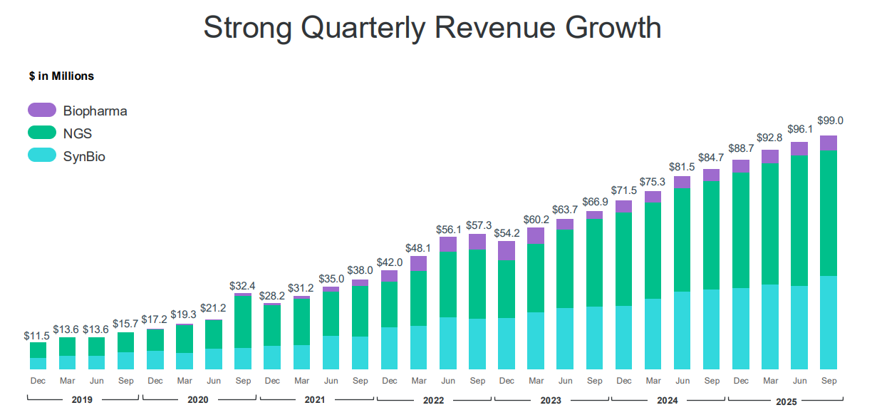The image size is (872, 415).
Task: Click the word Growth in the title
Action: pyautogui.click(x=613, y=29)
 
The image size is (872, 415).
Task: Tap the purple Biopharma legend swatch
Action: pyautogui.click(x=42, y=110)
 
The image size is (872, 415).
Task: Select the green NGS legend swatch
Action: pyautogui.click(x=42, y=132)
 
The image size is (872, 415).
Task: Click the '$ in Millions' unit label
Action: pyautogui.click(x=61, y=76)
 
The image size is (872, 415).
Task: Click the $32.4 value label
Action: pyautogui.click(x=243, y=285)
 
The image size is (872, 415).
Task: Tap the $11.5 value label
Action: pyautogui.click(x=37, y=334)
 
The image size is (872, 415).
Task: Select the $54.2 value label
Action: pyautogui.click(x=507, y=233)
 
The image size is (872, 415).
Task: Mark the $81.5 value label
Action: pyautogui.click(x=682, y=168)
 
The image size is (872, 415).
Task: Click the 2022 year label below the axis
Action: pyautogui.click(x=433, y=400)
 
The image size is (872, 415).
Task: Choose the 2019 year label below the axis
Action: pyautogui.click(x=82, y=400)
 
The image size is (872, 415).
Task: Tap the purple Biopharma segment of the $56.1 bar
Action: pyautogui.click(x=448, y=244)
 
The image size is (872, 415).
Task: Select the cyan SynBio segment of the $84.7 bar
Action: pyautogui.click(x=712, y=329)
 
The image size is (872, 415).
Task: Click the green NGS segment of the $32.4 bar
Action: pyautogui.click(x=243, y=322)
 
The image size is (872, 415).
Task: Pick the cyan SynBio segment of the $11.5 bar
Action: pyautogui.click(x=38, y=364)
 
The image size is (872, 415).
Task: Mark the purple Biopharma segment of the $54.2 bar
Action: pyautogui.click(x=507, y=250)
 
